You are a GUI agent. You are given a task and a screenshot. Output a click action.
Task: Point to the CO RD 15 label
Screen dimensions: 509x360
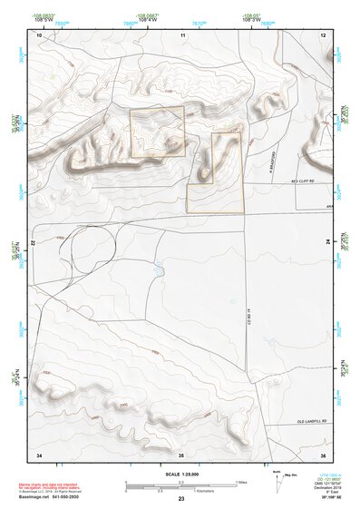(248, 317)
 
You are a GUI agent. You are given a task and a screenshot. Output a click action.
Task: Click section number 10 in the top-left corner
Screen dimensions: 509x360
(39, 34)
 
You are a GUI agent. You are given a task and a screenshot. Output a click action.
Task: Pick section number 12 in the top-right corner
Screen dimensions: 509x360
(324, 34)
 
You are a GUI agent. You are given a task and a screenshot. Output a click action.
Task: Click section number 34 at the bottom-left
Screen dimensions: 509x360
(39, 453)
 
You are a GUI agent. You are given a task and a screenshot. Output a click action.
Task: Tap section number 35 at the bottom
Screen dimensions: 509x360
(181, 453)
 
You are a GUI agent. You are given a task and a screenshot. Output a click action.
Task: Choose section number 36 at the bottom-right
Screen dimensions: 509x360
(323, 453)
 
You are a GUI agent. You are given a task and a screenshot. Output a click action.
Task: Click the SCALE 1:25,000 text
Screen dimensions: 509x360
(180, 474)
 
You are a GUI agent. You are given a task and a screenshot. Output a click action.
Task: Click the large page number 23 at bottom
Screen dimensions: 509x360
(181, 499)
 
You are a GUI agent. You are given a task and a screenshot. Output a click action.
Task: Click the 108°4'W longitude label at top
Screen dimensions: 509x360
(143, 17)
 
